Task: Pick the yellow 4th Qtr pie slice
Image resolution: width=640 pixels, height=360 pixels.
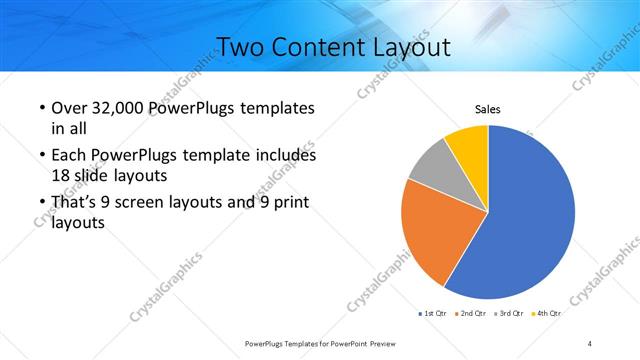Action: tap(468, 144)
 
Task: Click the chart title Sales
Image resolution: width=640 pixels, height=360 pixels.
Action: tap(487, 109)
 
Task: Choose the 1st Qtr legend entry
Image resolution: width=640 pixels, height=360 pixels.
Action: tap(432, 314)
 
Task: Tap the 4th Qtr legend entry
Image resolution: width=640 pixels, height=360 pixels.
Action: tap(546, 314)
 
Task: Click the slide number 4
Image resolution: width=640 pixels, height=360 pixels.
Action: tap(590, 343)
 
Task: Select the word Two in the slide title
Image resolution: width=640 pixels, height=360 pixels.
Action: tap(240, 47)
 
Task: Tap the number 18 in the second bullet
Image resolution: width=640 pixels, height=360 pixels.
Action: tap(60, 174)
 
